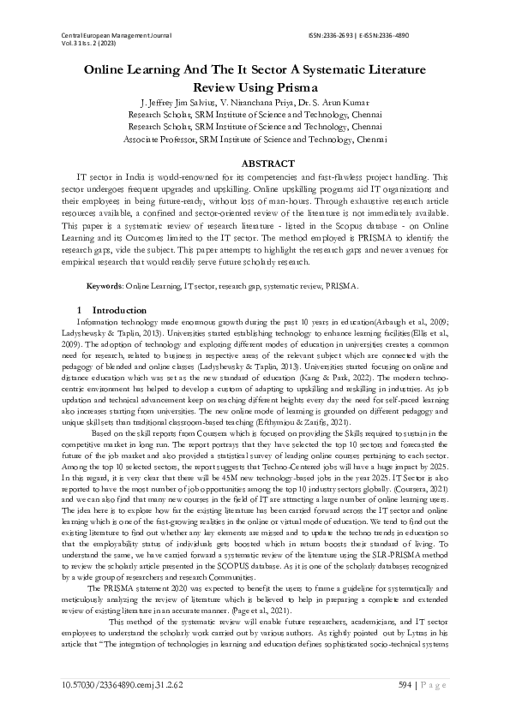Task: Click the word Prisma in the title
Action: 295,87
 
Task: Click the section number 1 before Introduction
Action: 80,308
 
